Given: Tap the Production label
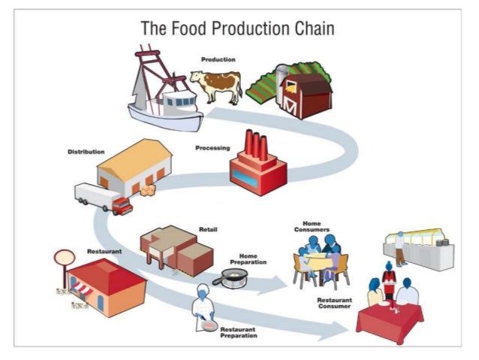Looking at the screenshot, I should [218, 59].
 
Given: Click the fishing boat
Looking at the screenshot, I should [161, 90].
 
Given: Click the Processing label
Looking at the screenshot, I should [212, 148].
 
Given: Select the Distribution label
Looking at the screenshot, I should [86, 152].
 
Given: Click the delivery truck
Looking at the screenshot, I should [103, 198].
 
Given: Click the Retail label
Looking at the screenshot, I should [208, 228].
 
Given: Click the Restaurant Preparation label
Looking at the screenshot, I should [239, 331].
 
